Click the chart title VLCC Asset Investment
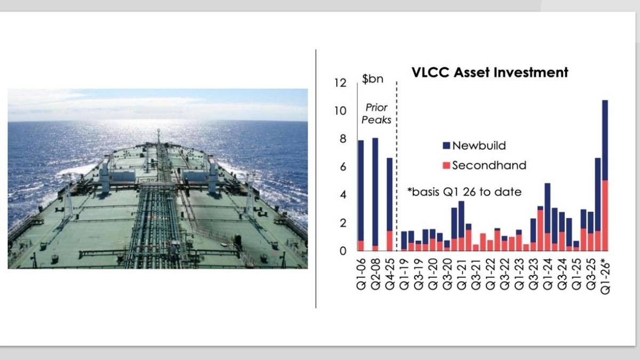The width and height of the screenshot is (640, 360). click(490, 73)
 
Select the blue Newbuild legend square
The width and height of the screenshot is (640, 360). click(446, 145)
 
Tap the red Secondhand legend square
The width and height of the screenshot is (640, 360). click(446, 165)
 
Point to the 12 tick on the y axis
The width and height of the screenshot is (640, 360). click(340, 83)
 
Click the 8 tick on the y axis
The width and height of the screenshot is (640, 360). click(342, 139)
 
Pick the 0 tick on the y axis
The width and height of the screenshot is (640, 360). click(342, 251)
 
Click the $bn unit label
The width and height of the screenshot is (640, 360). click(372, 80)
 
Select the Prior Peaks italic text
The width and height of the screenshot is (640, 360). click(376, 114)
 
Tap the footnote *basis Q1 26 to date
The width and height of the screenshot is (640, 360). click(463, 192)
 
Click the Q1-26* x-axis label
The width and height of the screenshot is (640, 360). click(605, 273)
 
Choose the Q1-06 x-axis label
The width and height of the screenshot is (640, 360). click(362, 272)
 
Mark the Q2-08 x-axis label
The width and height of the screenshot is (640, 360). click(375, 272)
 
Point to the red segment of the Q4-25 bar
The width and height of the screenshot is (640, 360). click(390, 241)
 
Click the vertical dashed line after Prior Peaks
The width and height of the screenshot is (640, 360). click(397, 160)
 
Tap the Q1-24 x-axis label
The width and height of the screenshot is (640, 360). click(547, 272)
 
